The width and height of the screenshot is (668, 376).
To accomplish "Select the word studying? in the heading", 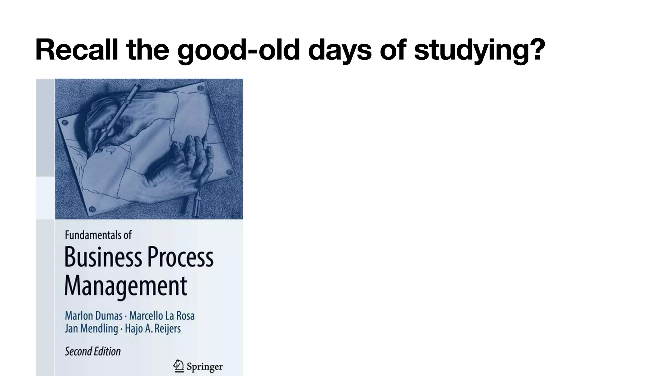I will (479, 50).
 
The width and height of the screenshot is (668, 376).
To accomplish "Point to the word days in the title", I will (340, 50).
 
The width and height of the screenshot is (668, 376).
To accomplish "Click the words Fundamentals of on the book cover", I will (98, 235).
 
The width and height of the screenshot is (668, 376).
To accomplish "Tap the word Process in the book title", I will (181, 258).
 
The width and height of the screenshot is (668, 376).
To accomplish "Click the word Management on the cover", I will (126, 286).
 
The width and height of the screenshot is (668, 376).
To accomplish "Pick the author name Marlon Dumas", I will (94, 316).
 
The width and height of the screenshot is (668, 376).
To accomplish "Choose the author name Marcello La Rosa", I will (162, 316).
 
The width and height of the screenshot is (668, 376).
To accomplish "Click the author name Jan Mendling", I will (91, 328).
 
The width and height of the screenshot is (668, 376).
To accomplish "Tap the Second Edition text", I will (93, 351).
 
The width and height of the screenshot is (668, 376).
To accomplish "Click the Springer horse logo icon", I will (178, 366).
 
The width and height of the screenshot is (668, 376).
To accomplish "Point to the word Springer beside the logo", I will (205, 367).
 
